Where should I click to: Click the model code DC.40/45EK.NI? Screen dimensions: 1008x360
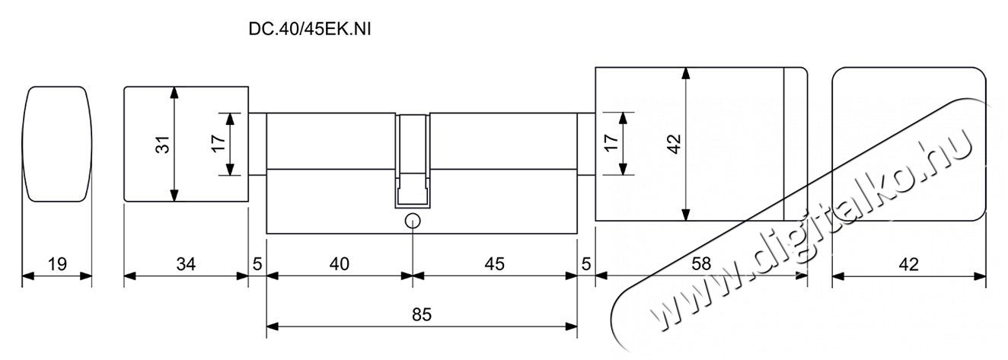click(x=310, y=29)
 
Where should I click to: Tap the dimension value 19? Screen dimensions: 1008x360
click(x=57, y=264)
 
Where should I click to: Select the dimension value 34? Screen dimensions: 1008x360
click(x=186, y=264)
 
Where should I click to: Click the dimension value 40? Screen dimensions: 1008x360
click(x=340, y=264)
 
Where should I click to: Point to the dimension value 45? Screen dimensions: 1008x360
click(x=495, y=264)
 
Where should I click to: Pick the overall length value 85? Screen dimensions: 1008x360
click(x=422, y=314)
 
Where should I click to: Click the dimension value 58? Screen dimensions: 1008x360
click(x=701, y=264)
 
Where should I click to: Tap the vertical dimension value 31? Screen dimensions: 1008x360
click(x=163, y=144)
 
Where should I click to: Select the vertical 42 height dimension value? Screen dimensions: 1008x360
click(x=675, y=144)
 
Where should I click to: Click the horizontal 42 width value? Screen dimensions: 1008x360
click(x=908, y=264)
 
